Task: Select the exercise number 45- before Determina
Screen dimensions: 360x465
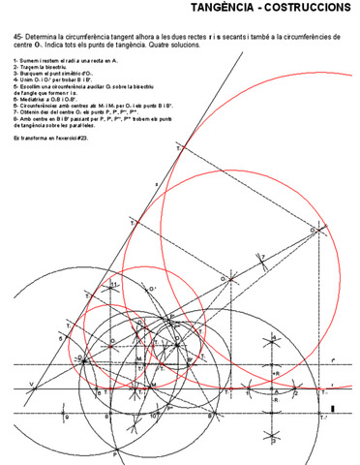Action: coord(18,36)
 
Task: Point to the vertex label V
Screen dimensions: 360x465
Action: coord(30,385)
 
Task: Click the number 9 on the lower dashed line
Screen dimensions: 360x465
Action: coord(67,417)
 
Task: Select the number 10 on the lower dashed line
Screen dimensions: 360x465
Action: coord(154,416)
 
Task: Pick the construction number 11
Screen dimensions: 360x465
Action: coord(113,284)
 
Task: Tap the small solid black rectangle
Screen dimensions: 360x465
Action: coord(333,410)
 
